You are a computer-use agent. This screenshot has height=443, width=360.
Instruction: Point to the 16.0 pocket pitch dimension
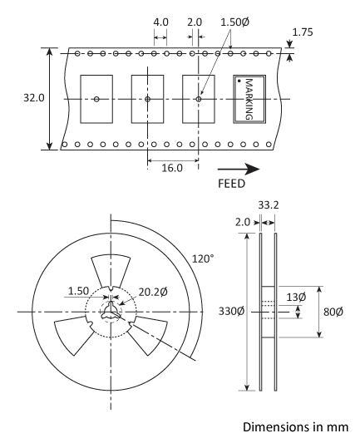tap(171, 166)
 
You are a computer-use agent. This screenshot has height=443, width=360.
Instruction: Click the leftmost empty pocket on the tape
tap(96, 99)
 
